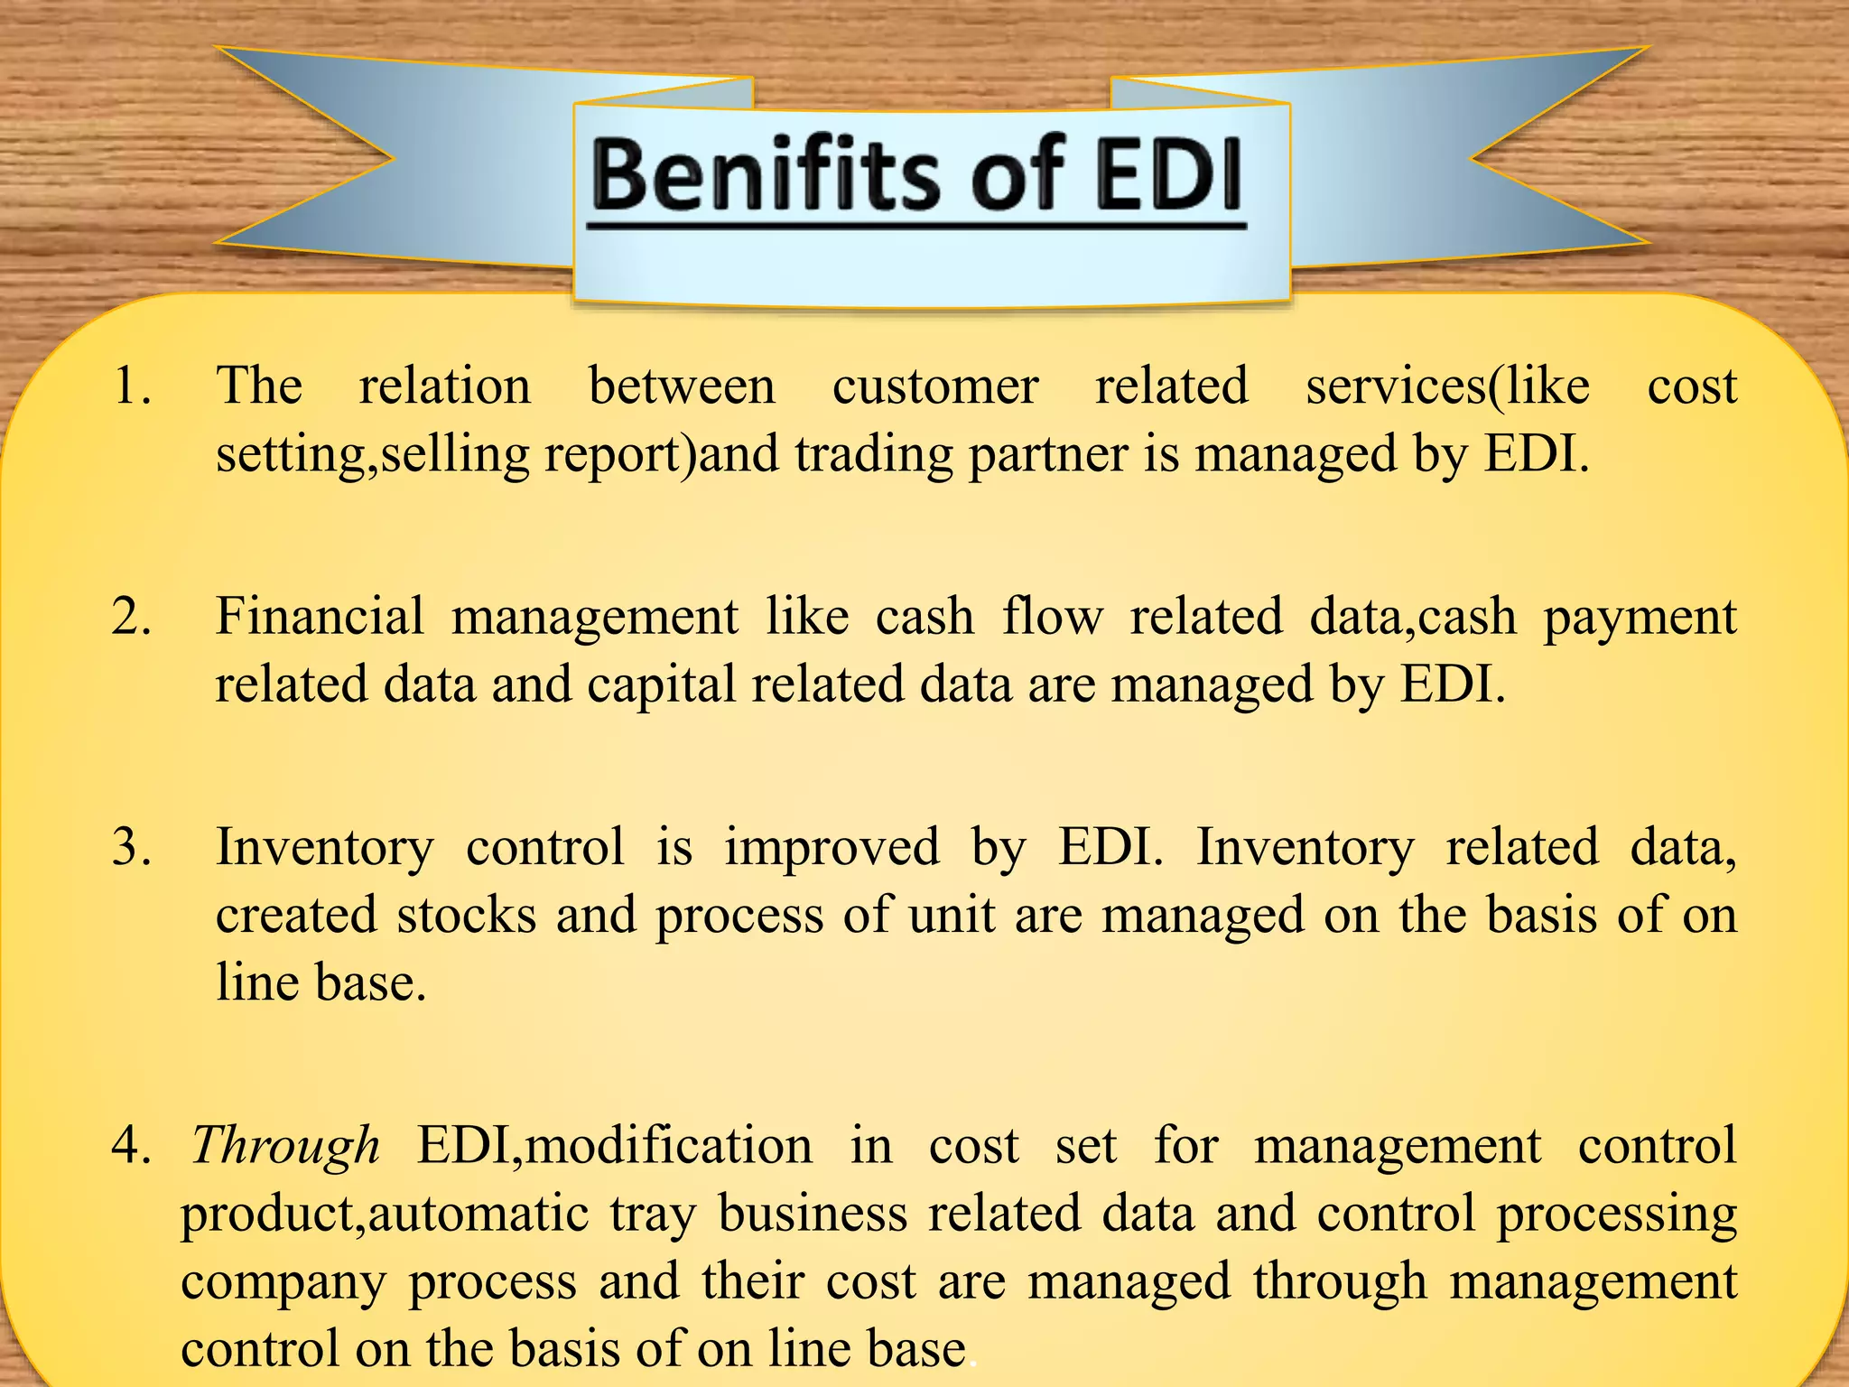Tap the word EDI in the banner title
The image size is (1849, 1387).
1168,173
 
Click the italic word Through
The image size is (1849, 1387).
285,1146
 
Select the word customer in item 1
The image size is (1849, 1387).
935,386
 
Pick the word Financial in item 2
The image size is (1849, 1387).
320,618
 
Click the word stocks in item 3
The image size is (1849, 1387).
466,916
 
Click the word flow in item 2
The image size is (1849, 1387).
1053,618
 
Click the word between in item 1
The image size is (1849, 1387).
682,386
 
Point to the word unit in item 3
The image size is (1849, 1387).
951,916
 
